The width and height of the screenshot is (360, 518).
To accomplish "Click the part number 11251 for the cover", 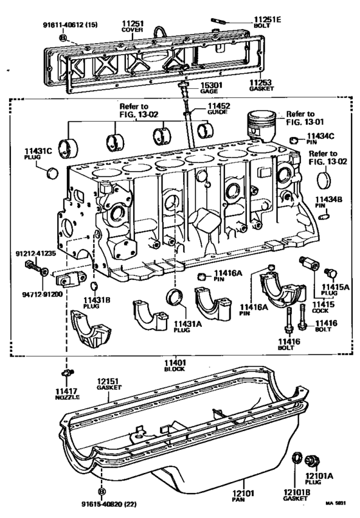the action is (x=133, y=23).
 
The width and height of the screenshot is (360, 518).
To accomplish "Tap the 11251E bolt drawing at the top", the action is (x=218, y=21).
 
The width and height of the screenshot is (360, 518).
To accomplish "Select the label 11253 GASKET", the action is (x=262, y=85).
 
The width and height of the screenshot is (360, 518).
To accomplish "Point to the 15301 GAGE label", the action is (x=212, y=88).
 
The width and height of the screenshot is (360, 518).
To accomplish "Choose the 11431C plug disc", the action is (x=53, y=173).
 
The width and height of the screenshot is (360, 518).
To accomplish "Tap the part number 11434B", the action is (x=328, y=199).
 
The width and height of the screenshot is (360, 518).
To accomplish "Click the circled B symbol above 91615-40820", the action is (x=102, y=492).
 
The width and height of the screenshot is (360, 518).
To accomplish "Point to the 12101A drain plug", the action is (x=312, y=460).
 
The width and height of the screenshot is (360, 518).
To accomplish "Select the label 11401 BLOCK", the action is (x=175, y=365).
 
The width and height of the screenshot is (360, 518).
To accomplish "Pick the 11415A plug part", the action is (x=330, y=273).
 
